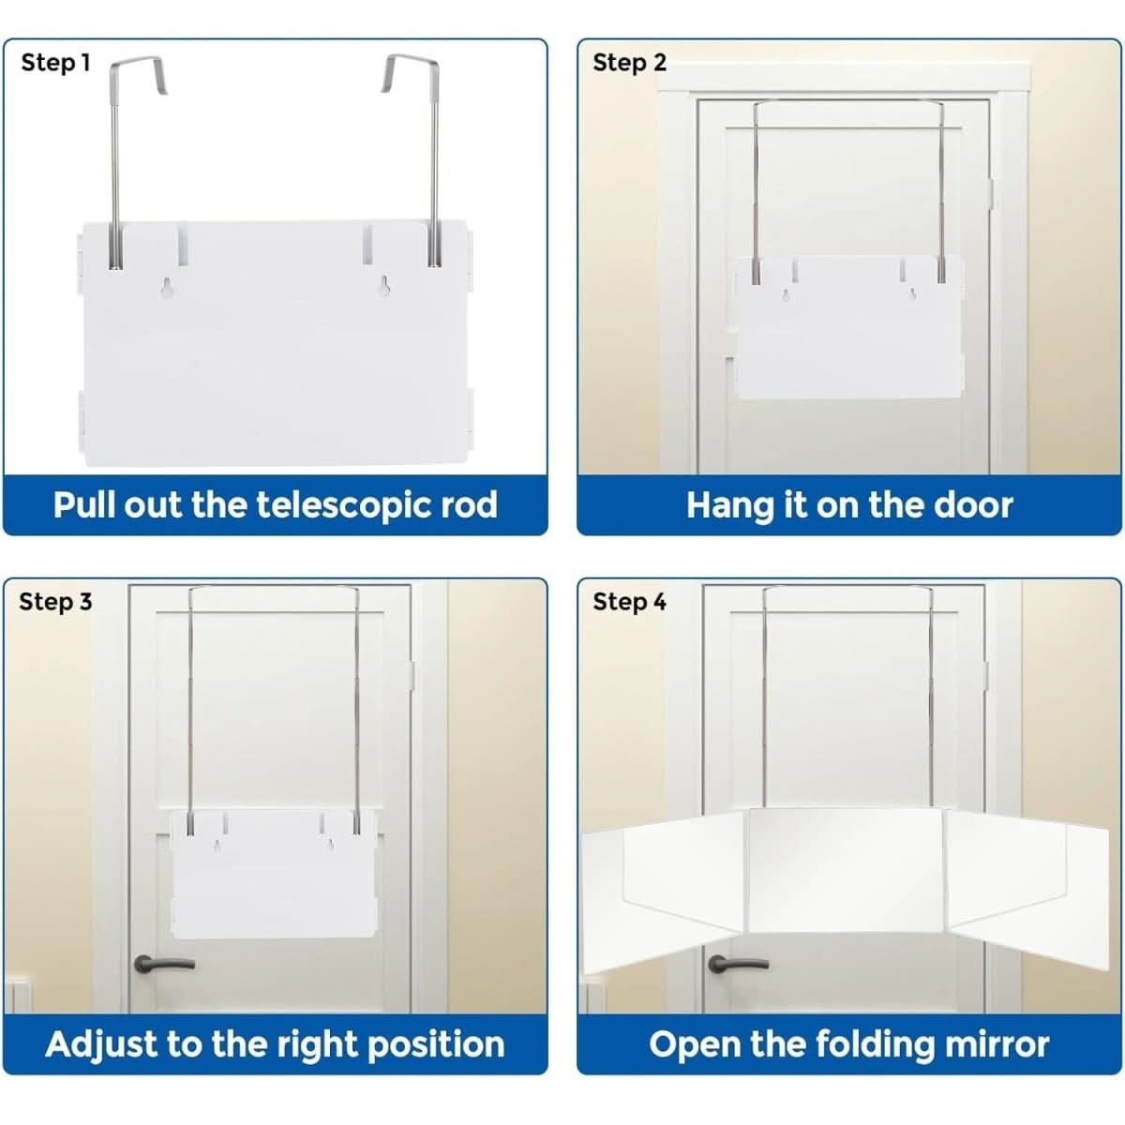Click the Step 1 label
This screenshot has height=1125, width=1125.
pos(56,63)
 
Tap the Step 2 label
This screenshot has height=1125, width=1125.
pos(629,63)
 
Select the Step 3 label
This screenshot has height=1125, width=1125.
pos(56,602)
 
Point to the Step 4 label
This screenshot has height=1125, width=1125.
pos(629,602)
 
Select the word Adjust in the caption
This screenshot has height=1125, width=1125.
pos(99,1044)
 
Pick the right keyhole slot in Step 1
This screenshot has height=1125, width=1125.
pos(383,288)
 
